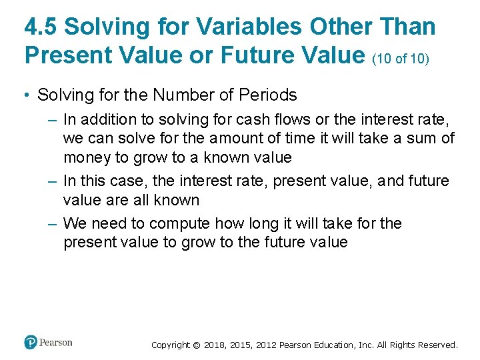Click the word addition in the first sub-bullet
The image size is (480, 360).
point(104,120)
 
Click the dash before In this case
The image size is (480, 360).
point(53,181)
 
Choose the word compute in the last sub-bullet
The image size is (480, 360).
point(179,223)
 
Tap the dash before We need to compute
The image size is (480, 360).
point(53,223)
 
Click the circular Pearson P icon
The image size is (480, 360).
point(31,343)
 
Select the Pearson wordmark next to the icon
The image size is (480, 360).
point(56,343)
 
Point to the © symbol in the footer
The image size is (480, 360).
point(196,345)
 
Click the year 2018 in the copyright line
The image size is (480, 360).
point(215,345)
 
